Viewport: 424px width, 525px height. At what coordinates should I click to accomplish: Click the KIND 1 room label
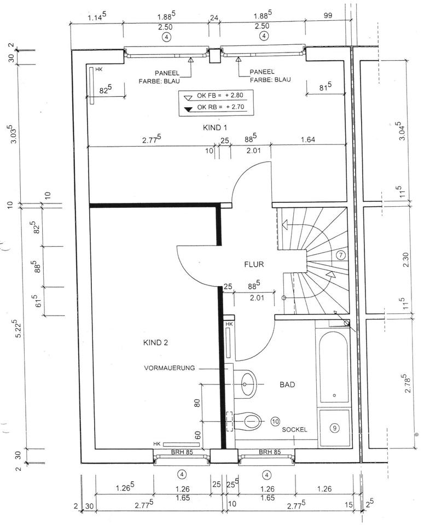click(215, 127)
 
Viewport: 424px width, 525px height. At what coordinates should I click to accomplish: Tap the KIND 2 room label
click(155, 343)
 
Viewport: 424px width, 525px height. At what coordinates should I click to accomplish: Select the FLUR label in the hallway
click(254, 265)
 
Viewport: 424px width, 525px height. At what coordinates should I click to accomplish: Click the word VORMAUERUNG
click(170, 368)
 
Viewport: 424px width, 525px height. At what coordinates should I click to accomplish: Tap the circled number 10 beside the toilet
click(275, 422)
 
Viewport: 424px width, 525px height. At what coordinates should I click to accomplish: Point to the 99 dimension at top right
click(328, 16)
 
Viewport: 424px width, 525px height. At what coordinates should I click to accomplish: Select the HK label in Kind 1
click(98, 69)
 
